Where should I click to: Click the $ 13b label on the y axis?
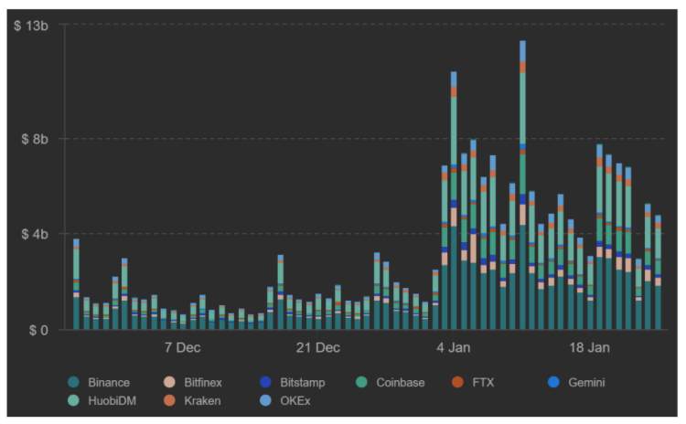pos(31,26)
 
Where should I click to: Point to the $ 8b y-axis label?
pos(35,139)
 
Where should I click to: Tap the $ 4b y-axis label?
pos(35,234)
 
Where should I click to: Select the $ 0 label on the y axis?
pos(38,330)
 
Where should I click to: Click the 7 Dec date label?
pos(182,348)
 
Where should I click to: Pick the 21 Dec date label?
pos(317,348)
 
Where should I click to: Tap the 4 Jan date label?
pos(454,348)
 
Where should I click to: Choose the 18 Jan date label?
pos(589,348)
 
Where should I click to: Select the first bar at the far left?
pos(76,284)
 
